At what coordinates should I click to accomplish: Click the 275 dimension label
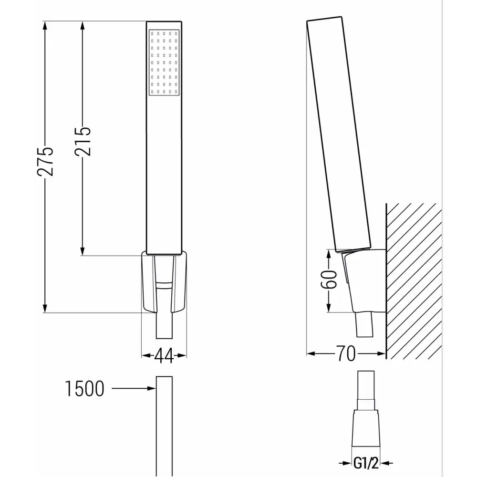click(x=46, y=161)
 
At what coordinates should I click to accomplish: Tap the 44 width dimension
click(x=164, y=356)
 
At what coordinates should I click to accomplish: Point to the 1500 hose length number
click(x=84, y=389)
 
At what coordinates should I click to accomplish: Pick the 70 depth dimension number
click(x=346, y=354)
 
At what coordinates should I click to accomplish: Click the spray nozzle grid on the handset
click(x=164, y=62)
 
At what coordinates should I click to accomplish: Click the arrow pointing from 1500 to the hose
click(x=134, y=389)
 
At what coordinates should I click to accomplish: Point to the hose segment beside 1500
click(x=164, y=425)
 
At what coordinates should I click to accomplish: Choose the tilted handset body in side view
click(x=339, y=134)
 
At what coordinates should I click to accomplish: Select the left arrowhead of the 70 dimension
click(x=311, y=354)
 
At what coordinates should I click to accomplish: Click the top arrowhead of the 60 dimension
click(x=329, y=253)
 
